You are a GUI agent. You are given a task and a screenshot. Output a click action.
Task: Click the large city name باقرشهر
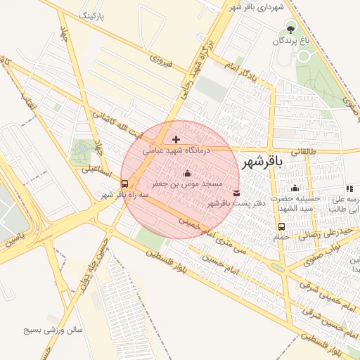(x=262, y=162)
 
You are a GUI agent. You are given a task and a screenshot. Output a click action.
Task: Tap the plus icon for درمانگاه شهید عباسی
(x=176, y=139)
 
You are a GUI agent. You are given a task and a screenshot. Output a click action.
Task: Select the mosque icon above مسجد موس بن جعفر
(x=187, y=173)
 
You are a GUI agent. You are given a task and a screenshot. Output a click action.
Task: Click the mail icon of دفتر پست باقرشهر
(x=236, y=193)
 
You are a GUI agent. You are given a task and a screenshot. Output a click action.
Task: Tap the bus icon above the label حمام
(x=281, y=226)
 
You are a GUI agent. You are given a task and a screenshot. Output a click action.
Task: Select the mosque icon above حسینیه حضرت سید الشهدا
(x=295, y=188)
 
